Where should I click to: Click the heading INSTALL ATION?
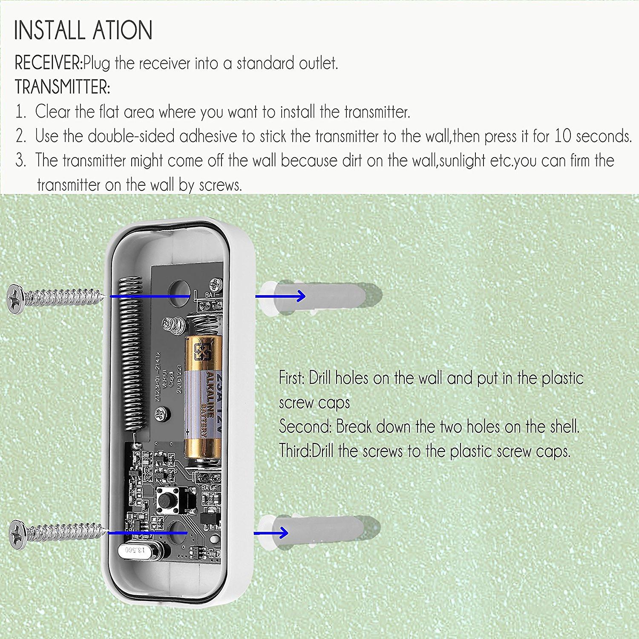pos(83,30)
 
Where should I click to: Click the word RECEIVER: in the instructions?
pos(49,63)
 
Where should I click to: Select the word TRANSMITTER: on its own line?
pos(63,87)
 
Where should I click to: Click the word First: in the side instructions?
pos(291,378)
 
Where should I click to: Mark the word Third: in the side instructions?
pos(295,451)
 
